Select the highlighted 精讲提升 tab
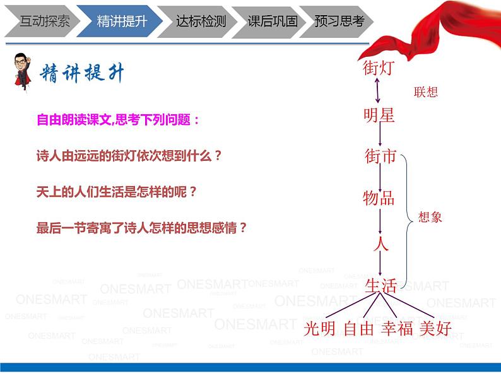pyautogui.click(x=122, y=21)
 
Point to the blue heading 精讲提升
pyautogui.click(x=83, y=74)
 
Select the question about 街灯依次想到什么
pyautogui.click(x=129, y=155)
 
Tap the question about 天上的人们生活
pyautogui.click(x=117, y=191)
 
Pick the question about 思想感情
pyautogui.click(x=142, y=228)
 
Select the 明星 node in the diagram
pyautogui.click(x=379, y=115)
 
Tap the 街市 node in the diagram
pyautogui.click(x=380, y=155)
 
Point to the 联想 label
pyautogui.click(x=425, y=92)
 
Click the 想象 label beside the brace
pyautogui.click(x=430, y=217)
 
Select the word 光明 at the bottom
pyautogui.click(x=320, y=329)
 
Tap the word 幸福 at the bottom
pyautogui.click(x=397, y=329)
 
